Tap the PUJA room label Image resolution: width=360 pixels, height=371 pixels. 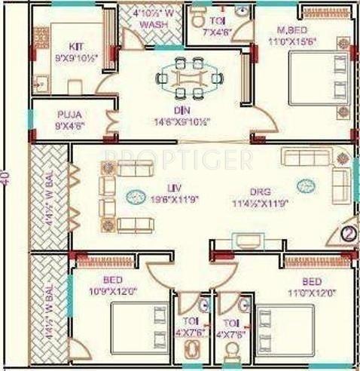click(66, 114)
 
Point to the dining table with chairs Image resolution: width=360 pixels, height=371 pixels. click(191, 76)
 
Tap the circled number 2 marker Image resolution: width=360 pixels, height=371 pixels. click(349, 233)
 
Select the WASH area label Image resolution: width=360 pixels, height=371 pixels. click(151, 25)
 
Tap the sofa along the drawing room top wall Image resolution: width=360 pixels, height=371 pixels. click(309, 157)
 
